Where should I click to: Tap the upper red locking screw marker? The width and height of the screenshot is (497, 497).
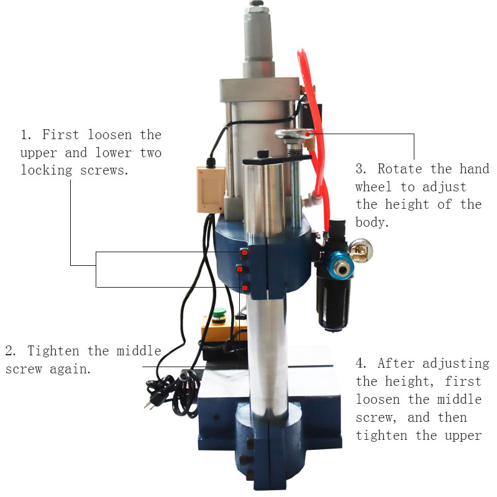click(245, 253)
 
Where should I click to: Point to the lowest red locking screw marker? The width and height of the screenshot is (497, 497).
click(245, 287)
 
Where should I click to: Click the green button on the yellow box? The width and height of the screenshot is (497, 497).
click(219, 312)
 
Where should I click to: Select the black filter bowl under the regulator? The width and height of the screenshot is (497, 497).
click(330, 304)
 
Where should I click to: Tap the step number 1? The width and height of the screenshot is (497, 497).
click(25, 135)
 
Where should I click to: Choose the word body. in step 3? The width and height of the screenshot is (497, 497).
click(372, 222)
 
